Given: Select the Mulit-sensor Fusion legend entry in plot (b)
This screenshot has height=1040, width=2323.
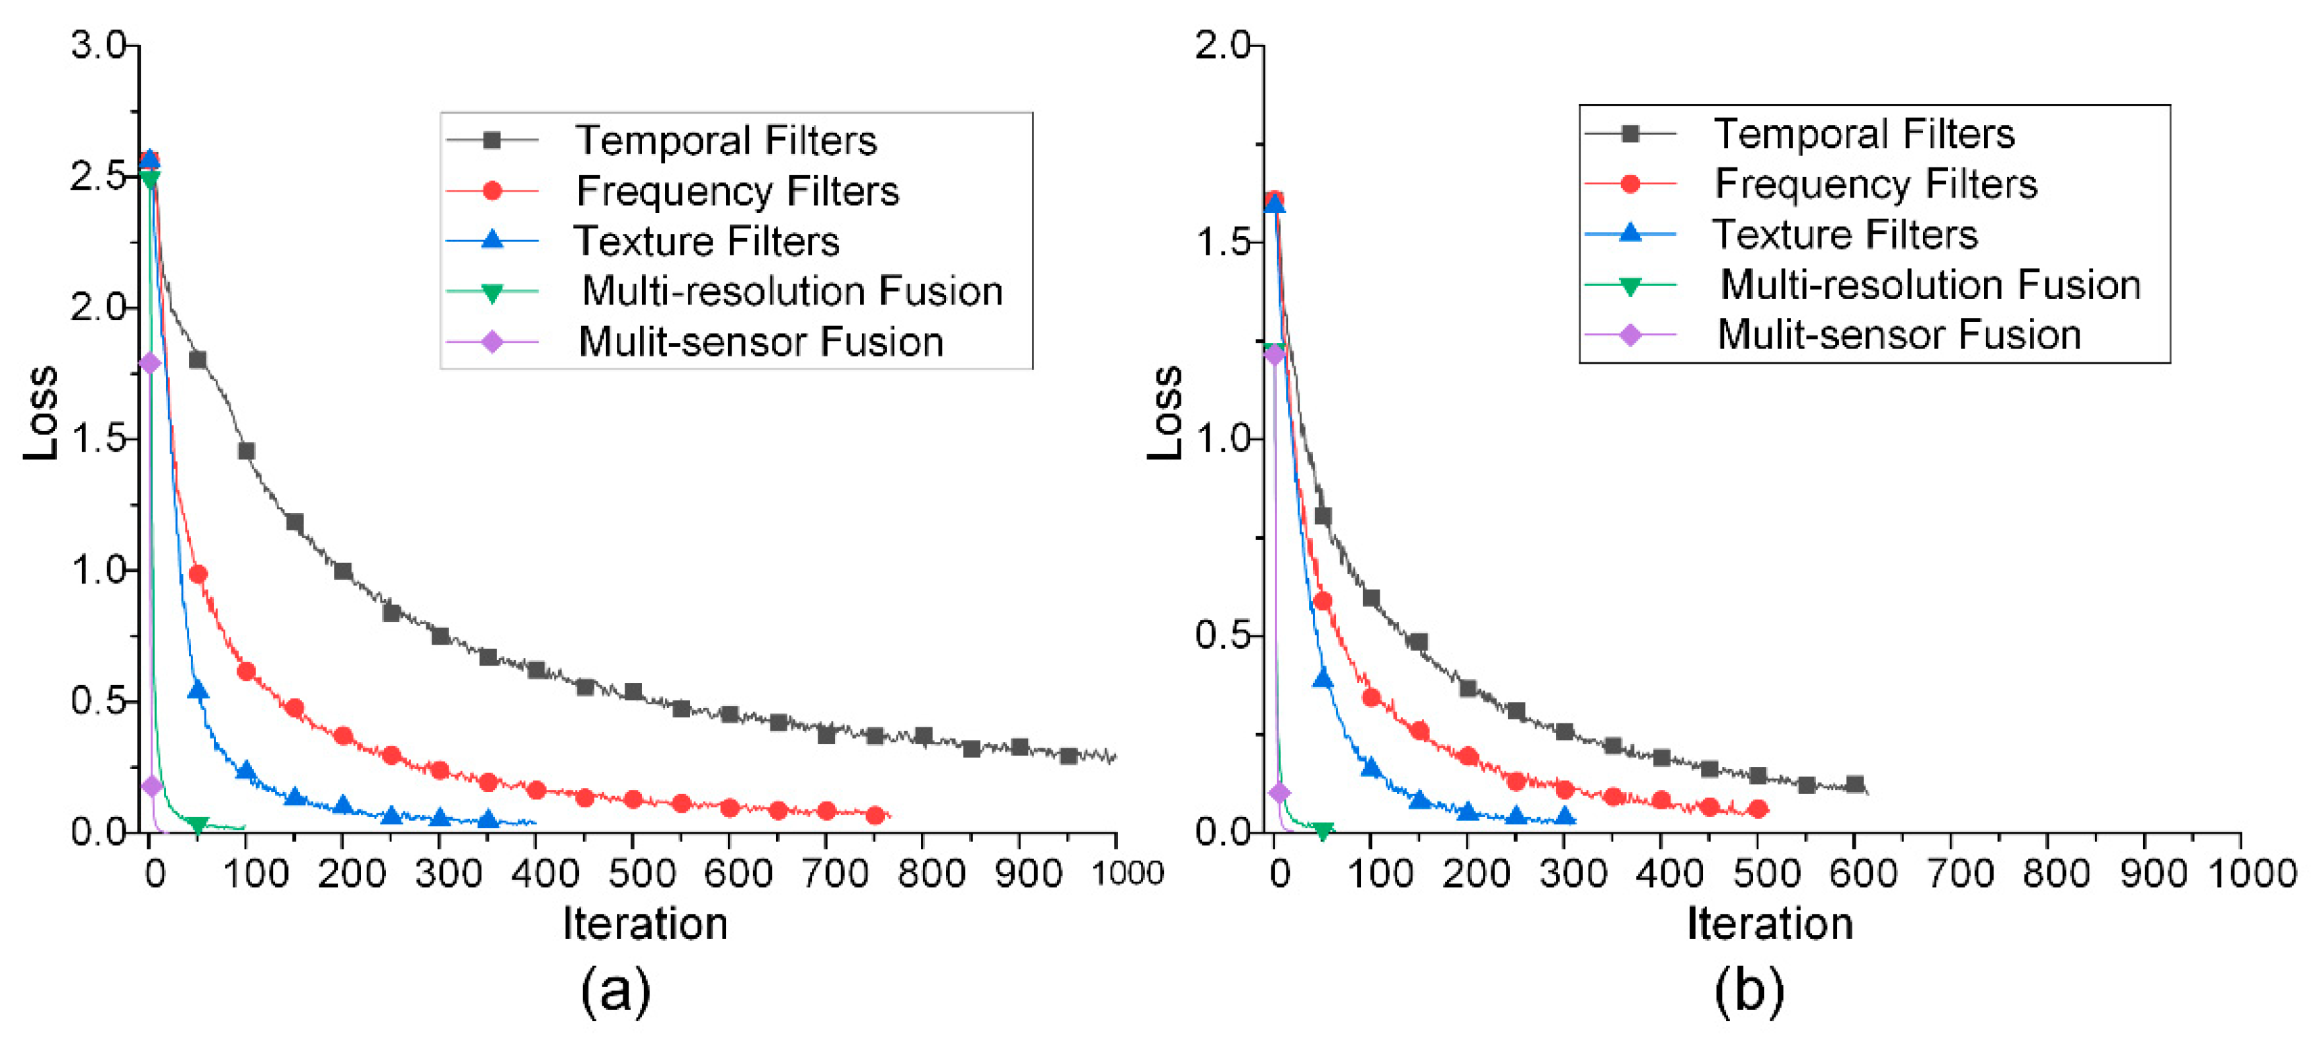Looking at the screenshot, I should click(1897, 335).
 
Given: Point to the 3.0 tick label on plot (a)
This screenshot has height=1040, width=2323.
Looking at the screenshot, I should click(100, 45).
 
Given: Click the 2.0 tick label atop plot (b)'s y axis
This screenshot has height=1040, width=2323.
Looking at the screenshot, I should click(1223, 45).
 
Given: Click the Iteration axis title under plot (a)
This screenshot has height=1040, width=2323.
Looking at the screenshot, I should click(645, 924).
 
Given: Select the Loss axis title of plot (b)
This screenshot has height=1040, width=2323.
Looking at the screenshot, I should click(1165, 413).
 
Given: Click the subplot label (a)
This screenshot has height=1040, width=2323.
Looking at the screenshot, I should click(615, 990).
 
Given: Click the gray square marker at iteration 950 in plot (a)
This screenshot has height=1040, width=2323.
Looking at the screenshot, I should click(1068, 756).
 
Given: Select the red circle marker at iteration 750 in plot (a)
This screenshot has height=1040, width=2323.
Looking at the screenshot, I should click(875, 815).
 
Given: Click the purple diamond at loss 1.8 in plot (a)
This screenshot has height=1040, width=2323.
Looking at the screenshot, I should click(150, 362).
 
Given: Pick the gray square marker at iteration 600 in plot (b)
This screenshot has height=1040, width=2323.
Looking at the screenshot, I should click(1854, 784).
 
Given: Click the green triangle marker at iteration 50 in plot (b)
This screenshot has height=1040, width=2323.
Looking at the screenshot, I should click(1322, 830).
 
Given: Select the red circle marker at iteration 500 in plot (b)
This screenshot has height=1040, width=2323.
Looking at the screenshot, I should click(1758, 808).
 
